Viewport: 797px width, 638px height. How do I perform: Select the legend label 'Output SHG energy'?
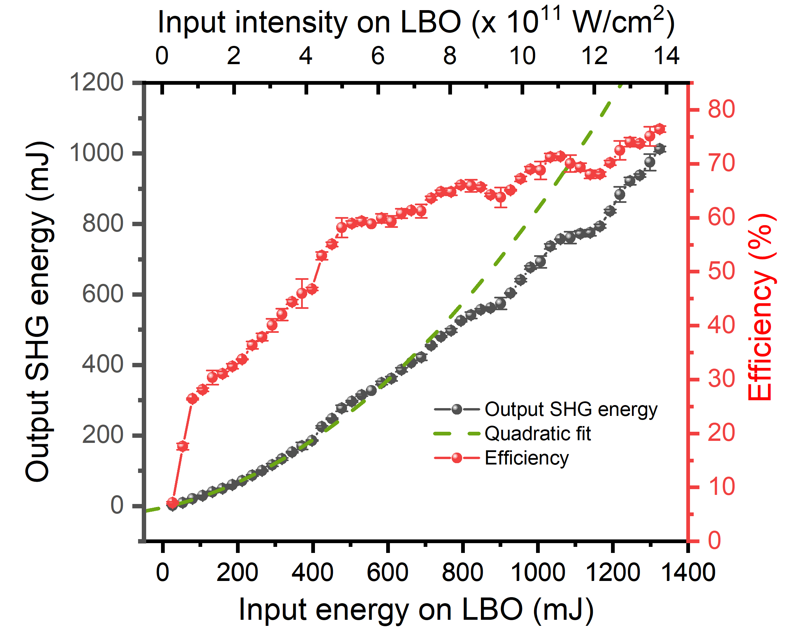(571, 409)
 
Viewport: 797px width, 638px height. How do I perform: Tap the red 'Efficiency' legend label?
(526, 458)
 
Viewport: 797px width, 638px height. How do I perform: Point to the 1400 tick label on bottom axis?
(688, 573)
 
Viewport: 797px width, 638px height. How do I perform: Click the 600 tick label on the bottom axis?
(388, 573)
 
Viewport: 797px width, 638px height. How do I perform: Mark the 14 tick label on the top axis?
(666, 56)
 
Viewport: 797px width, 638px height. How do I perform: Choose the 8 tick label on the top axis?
(450, 56)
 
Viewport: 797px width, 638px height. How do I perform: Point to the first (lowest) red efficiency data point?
(172, 502)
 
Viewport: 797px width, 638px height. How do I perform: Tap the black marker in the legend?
(457, 409)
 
